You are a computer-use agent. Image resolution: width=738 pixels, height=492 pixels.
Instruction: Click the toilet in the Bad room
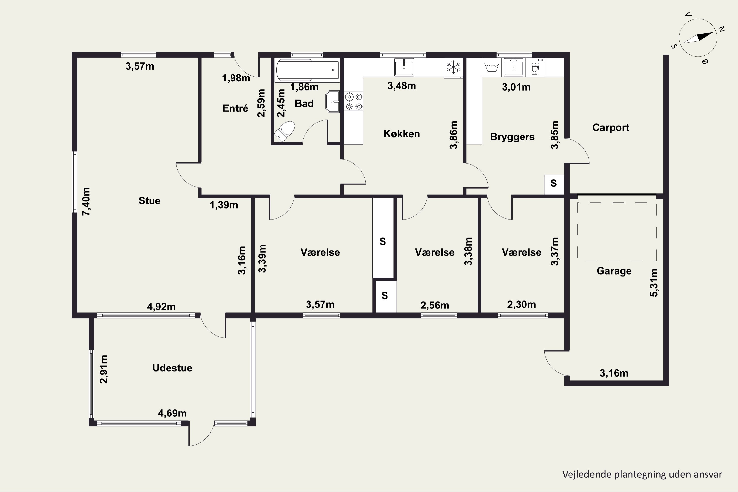285,131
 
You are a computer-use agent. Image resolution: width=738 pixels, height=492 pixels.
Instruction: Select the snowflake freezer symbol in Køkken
453,67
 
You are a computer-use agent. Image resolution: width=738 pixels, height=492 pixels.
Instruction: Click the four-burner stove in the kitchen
354,101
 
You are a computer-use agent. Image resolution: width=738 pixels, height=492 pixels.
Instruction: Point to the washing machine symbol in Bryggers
492,67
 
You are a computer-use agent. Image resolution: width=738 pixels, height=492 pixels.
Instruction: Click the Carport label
611,127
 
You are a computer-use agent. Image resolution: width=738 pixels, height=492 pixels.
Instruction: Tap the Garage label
614,271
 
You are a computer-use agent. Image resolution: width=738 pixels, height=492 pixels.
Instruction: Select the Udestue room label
172,368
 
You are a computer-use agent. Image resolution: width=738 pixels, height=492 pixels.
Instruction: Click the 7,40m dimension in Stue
86,201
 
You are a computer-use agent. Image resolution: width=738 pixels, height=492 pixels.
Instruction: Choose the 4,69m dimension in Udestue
172,413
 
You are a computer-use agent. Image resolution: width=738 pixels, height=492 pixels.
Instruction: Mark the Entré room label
235,108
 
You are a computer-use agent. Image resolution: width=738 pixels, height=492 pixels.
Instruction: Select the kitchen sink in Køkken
404,67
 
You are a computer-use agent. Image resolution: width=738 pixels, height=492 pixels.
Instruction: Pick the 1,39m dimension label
224,205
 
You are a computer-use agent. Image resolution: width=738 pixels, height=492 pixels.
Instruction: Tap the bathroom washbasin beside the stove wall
333,101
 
